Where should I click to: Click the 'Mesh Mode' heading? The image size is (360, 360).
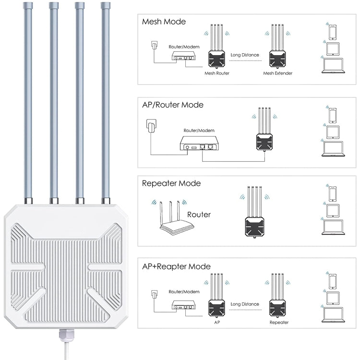(x=164, y=22)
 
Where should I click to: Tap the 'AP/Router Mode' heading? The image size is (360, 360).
(x=173, y=105)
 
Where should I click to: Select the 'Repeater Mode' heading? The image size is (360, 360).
(x=171, y=183)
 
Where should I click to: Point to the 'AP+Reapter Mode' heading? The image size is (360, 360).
(x=176, y=266)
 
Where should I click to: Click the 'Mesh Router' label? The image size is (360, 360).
(x=217, y=73)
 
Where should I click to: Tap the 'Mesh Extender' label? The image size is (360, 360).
(x=277, y=73)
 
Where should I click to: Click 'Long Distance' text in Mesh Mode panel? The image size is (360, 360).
(x=245, y=55)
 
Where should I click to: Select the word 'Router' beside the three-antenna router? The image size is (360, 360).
(x=199, y=215)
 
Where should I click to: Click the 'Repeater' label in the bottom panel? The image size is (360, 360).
(x=279, y=323)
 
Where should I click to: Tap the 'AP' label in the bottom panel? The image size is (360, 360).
(x=217, y=323)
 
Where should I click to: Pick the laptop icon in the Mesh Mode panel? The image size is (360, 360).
(x=333, y=66)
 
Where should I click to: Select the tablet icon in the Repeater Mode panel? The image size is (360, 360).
(x=333, y=210)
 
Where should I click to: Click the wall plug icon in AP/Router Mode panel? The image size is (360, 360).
(x=151, y=128)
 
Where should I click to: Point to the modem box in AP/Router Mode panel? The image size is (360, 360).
(x=198, y=144)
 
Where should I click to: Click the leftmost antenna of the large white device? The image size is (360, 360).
(x=28, y=101)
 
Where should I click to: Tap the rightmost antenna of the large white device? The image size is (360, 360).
(x=105, y=101)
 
